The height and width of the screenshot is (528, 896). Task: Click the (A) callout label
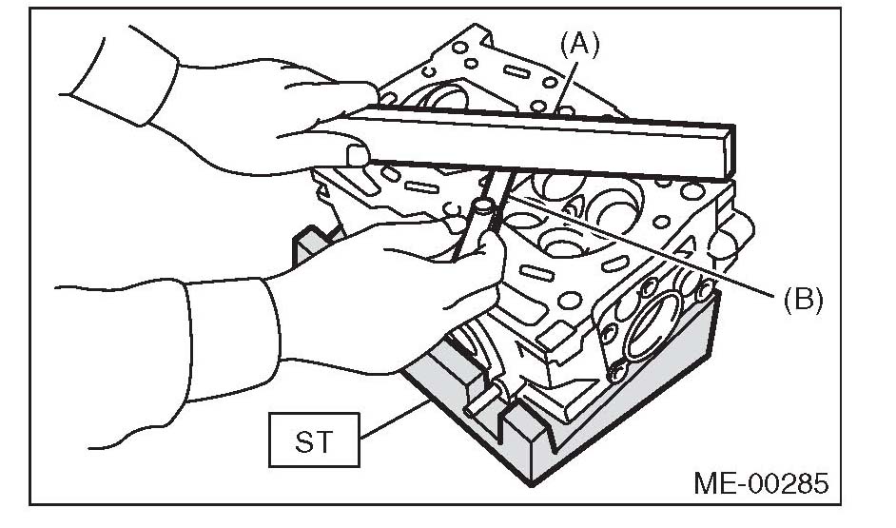point(580,45)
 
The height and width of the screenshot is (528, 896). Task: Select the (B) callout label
point(803,300)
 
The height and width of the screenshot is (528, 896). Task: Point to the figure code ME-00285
point(762,482)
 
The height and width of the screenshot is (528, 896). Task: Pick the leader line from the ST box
point(390,419)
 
